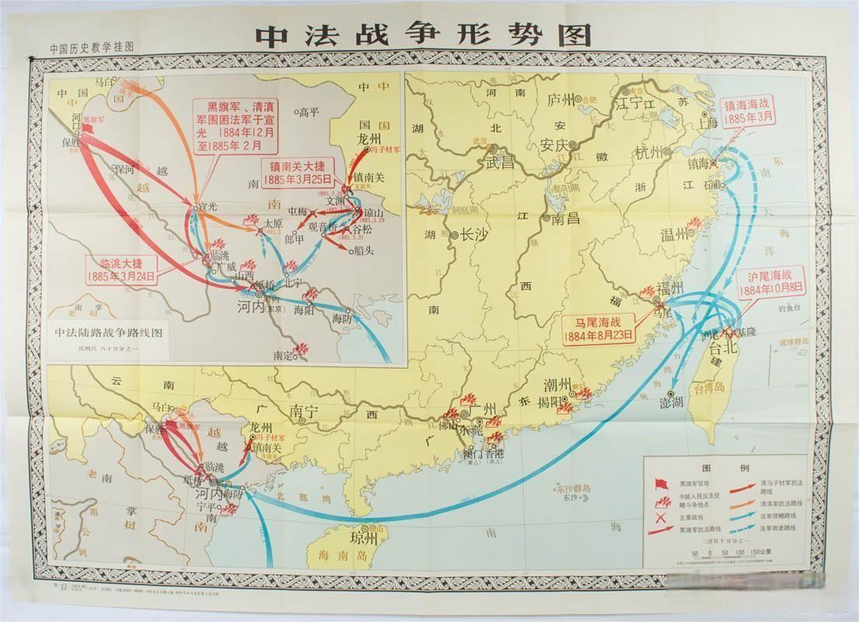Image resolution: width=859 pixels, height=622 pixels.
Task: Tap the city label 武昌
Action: click(500, 162)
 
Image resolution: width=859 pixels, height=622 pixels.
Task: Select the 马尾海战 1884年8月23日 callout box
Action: click(598, 329)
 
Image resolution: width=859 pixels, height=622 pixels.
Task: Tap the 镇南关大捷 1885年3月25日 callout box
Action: click(297, 173)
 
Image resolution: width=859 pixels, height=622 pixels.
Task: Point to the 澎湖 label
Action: click(672, 403)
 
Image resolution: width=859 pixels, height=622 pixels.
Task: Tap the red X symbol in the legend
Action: click(661, 518)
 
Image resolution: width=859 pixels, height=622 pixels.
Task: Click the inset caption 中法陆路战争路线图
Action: click(108, 333)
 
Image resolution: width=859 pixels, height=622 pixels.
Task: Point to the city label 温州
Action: click(675, 234)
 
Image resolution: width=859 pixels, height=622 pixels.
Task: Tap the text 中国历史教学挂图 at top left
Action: click(91, 48)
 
